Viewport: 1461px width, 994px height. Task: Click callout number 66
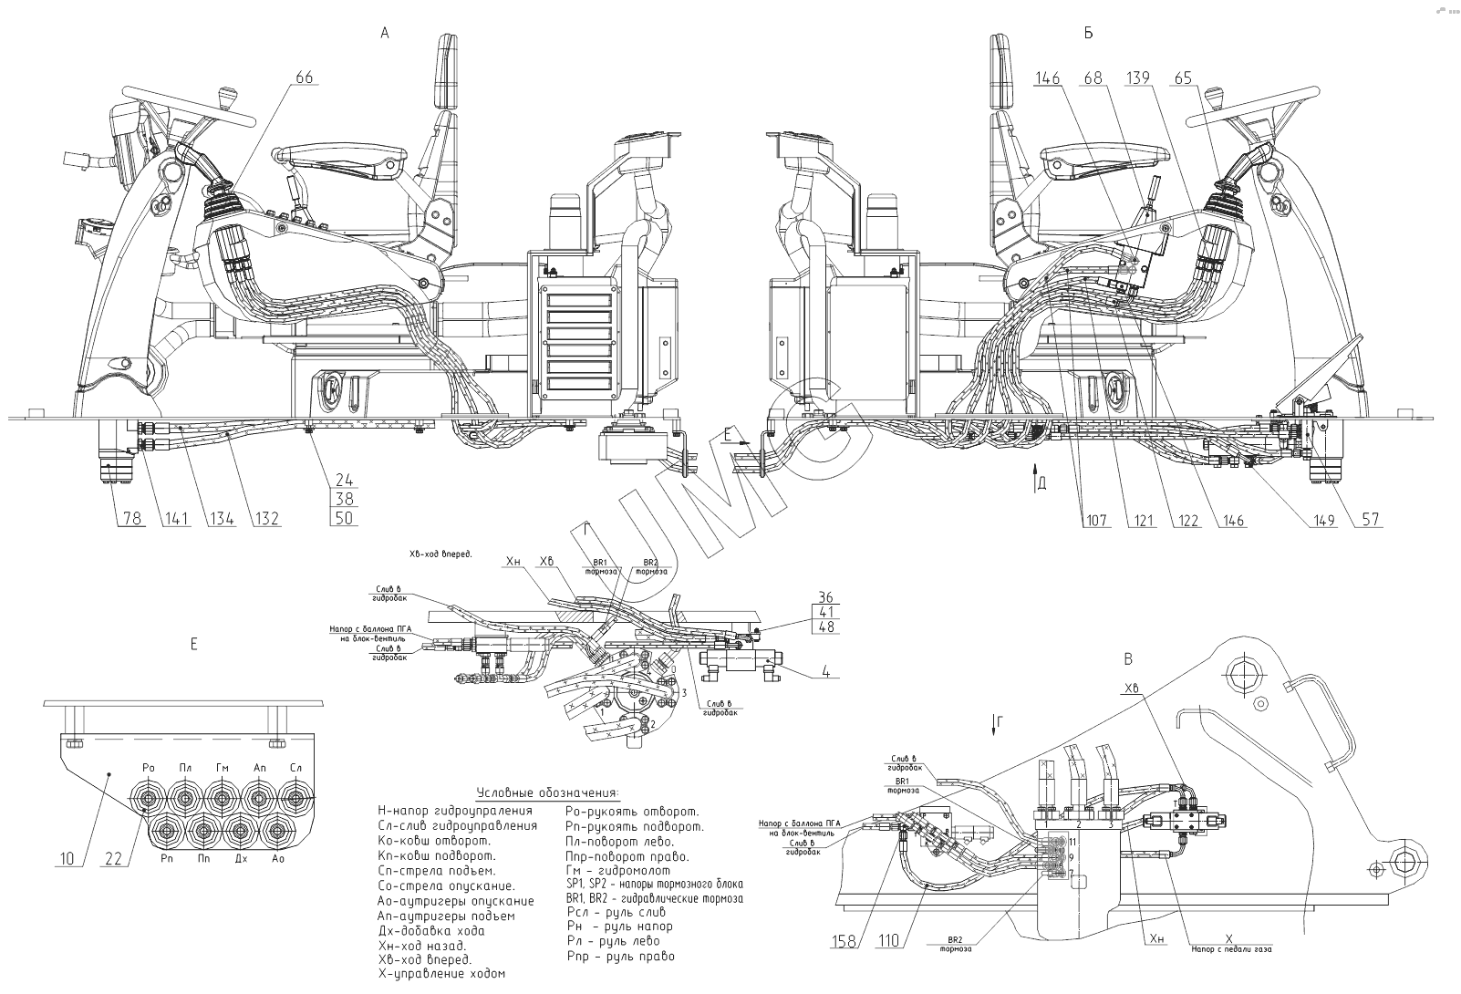point(303,78)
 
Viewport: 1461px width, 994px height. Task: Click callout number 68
point(1092,78)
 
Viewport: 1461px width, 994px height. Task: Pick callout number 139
point(1138,78)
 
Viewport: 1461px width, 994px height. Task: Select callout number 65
point(1183,78)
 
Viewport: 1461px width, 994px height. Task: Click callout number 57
point(1371,521)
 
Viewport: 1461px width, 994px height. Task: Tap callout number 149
point(1325,521)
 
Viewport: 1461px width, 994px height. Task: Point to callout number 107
point(1096,521)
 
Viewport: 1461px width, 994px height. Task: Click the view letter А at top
point(385,33)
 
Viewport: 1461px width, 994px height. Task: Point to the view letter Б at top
point(1088,33)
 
